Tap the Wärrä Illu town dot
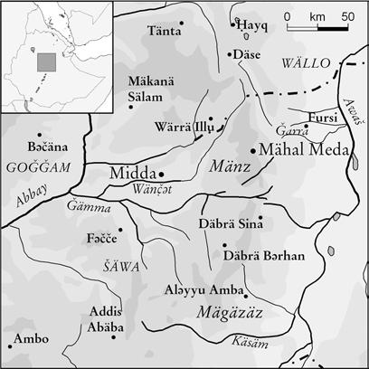click(x=210, y=118)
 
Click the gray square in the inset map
click(x=46, y=62)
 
